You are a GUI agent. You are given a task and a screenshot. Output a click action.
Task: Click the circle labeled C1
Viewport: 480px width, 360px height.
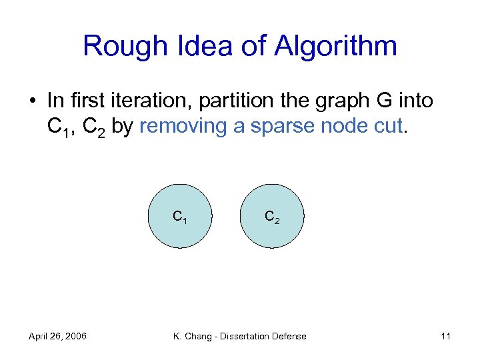coord(180,216)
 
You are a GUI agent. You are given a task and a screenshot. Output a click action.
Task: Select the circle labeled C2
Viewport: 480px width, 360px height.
coord(272,216)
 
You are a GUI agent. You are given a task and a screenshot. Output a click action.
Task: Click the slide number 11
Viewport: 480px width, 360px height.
coord(445,336)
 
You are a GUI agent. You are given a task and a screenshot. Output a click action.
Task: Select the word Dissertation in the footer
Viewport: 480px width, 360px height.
coord(247,336)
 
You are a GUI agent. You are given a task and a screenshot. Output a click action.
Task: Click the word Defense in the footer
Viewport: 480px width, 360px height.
coord(290,336)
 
